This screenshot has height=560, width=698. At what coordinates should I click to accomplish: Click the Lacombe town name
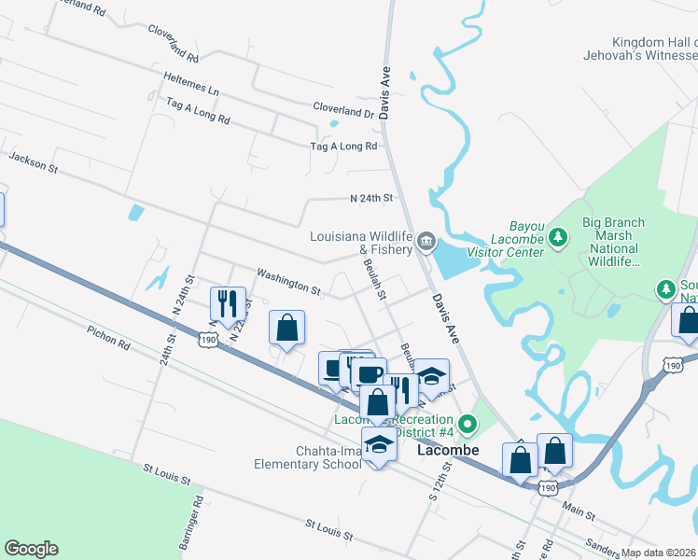pos(447,450)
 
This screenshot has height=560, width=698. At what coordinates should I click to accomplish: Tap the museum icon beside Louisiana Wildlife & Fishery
pos(426,243)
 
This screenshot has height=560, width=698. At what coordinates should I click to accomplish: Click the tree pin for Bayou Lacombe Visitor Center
pos(558,238)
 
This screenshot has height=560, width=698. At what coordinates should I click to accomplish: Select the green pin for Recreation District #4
pos(468,426)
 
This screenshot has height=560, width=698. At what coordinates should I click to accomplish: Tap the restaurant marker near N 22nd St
pos(227,303)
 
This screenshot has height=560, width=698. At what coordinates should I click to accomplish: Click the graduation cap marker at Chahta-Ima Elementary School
pos(379,444)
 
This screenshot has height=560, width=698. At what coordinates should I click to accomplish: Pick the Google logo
pos(31,549)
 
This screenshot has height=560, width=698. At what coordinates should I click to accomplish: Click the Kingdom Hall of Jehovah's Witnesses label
pos(654,49)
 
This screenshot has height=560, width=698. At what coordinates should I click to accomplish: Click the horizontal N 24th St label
pos(371,199)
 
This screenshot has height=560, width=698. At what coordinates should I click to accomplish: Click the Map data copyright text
pos(658,553)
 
